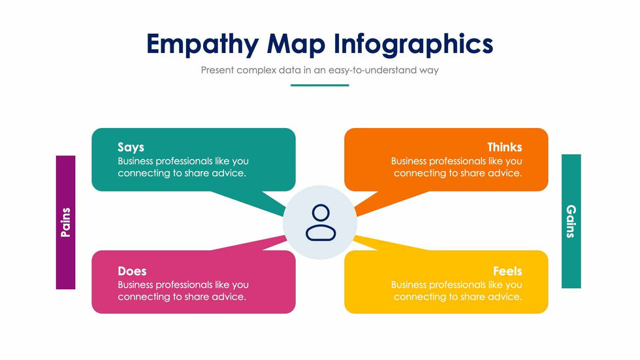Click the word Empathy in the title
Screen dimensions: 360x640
point(202,44)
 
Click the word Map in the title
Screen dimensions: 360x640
point(297,44)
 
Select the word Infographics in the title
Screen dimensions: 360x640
point(414,44)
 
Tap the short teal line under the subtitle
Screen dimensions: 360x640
point(319,85)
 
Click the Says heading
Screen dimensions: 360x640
point(131,147)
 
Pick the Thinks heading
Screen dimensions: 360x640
point(504,147)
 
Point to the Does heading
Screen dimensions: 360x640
point(132,270)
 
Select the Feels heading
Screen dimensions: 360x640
point(507,270)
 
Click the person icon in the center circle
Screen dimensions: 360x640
point(320,223)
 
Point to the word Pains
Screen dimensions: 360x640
point(65,222)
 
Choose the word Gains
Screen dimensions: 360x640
point(571,221)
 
